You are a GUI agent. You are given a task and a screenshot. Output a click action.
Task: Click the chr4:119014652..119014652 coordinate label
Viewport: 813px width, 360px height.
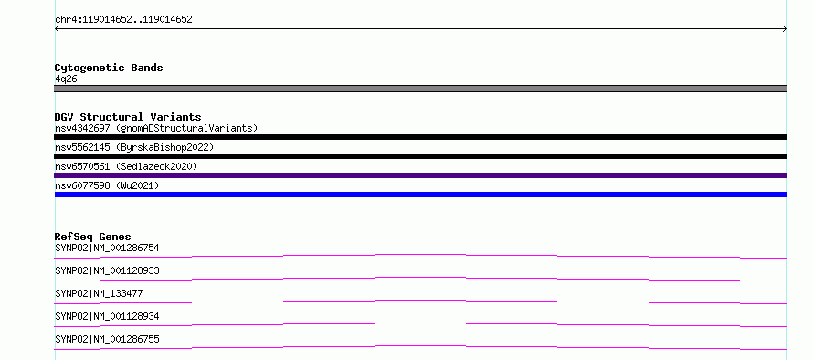coord(123,20)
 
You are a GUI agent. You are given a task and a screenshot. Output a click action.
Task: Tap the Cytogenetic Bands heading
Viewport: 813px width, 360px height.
coord(109,68)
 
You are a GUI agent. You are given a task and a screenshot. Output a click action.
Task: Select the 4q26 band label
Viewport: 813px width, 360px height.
coord(67,79)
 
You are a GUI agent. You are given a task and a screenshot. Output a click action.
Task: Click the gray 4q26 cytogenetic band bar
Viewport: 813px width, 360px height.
coord(420,89)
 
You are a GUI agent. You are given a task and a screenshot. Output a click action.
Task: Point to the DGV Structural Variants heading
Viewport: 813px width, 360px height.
coord(128,117)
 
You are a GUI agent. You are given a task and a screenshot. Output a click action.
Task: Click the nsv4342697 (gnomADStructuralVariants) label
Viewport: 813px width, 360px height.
coord(156,128)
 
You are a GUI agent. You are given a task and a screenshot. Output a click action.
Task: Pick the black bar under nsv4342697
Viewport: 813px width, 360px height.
coord(420,137)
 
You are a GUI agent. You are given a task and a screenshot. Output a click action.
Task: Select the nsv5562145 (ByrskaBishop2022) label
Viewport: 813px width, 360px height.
coord(134,147)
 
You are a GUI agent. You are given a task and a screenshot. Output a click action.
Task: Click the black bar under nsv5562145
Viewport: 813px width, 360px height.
coord(420,156)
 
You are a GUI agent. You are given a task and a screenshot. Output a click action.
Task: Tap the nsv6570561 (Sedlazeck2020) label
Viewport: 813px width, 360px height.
coord(126,166)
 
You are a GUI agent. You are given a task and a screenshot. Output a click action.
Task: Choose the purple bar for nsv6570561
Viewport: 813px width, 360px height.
coord(420,175)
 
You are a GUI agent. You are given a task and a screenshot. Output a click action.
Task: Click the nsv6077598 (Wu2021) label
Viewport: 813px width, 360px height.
coord(107,185)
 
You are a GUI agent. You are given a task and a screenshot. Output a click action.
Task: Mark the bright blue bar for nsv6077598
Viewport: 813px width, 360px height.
coord(420,195)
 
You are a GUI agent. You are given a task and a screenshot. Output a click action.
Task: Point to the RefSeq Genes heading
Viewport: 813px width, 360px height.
coord(93,237)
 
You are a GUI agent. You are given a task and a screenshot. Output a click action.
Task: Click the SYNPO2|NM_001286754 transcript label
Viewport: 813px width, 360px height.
coord(107,248)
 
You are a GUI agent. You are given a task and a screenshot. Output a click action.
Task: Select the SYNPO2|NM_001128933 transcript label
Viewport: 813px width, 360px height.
coord(107,270)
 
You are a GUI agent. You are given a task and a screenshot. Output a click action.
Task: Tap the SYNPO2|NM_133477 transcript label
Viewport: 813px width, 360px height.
coord(99,293)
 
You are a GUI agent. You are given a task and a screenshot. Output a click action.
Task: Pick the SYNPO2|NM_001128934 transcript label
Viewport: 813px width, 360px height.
coord(107,316)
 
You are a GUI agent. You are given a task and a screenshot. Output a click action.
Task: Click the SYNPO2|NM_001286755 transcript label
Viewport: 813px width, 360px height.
coord(107,339)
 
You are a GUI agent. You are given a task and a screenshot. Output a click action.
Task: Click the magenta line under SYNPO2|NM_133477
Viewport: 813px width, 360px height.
coord(420,301)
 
